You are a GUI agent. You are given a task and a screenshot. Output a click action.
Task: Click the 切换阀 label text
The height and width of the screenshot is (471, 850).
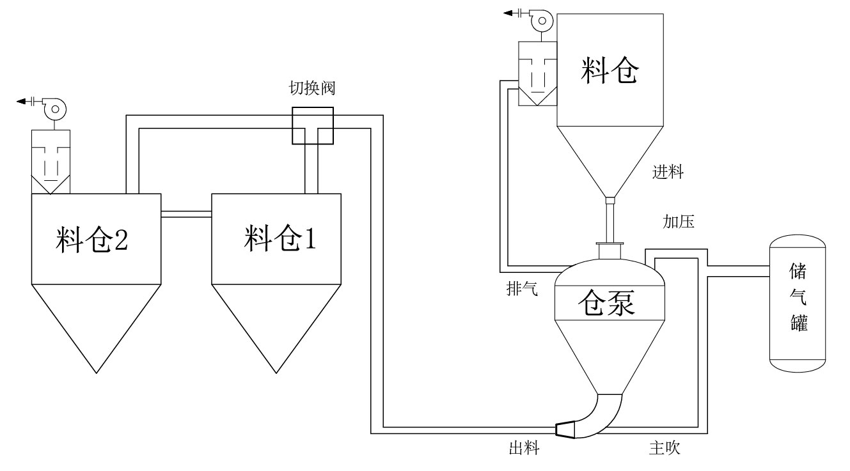(x=311, y=88)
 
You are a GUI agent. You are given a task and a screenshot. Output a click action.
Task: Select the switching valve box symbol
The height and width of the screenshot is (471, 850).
(x=312, y=126)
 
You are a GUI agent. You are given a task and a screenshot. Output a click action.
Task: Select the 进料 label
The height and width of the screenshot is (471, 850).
(x=668, y=172)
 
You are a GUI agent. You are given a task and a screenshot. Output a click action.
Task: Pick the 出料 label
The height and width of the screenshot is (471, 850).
(x=524, y=449)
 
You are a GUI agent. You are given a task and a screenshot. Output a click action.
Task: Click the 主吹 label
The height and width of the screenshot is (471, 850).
(x=665, y=449)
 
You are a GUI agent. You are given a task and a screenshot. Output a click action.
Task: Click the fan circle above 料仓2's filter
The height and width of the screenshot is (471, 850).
(x=55, y=110)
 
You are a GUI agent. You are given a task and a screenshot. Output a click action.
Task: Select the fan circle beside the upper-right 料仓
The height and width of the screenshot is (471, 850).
(x=542, y=21)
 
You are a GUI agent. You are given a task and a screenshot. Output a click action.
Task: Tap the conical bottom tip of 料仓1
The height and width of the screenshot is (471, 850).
(x=276, y=371)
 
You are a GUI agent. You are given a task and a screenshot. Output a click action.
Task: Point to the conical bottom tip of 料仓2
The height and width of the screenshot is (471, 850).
(x=96, y=371)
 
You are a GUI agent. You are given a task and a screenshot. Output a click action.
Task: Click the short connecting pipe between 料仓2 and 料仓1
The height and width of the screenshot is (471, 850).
(x=185, y=215)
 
